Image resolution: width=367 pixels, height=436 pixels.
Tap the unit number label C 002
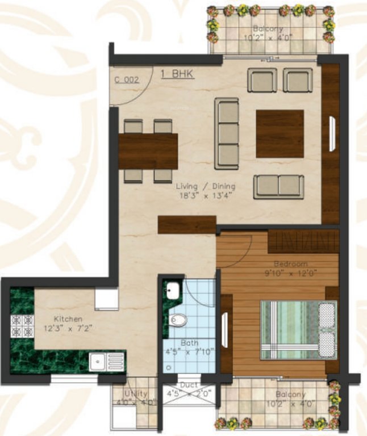click(x=126, y=80)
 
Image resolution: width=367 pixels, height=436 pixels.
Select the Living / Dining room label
click(x=205, y=186)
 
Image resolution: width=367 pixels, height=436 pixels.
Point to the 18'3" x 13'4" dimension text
click(x=205, y=195)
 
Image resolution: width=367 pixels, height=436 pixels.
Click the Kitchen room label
click(x=68, y=319)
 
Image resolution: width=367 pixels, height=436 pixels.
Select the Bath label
click(x=189, y=343)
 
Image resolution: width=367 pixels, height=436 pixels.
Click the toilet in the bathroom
click(x=178, y=320)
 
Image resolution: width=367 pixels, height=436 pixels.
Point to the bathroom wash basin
click(x=172, y=291)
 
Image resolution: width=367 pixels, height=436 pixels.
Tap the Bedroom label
click(x=290, y=264)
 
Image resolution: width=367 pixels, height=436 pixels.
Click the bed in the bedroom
click(x=298, y=330)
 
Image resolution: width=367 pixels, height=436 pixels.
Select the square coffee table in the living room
click(x=280, y=133)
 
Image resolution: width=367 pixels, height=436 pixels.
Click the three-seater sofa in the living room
click(x=227, y=132)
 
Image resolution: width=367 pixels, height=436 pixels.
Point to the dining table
click(x=148, y=151)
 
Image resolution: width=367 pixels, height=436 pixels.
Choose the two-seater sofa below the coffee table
click(x=278, y=186)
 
